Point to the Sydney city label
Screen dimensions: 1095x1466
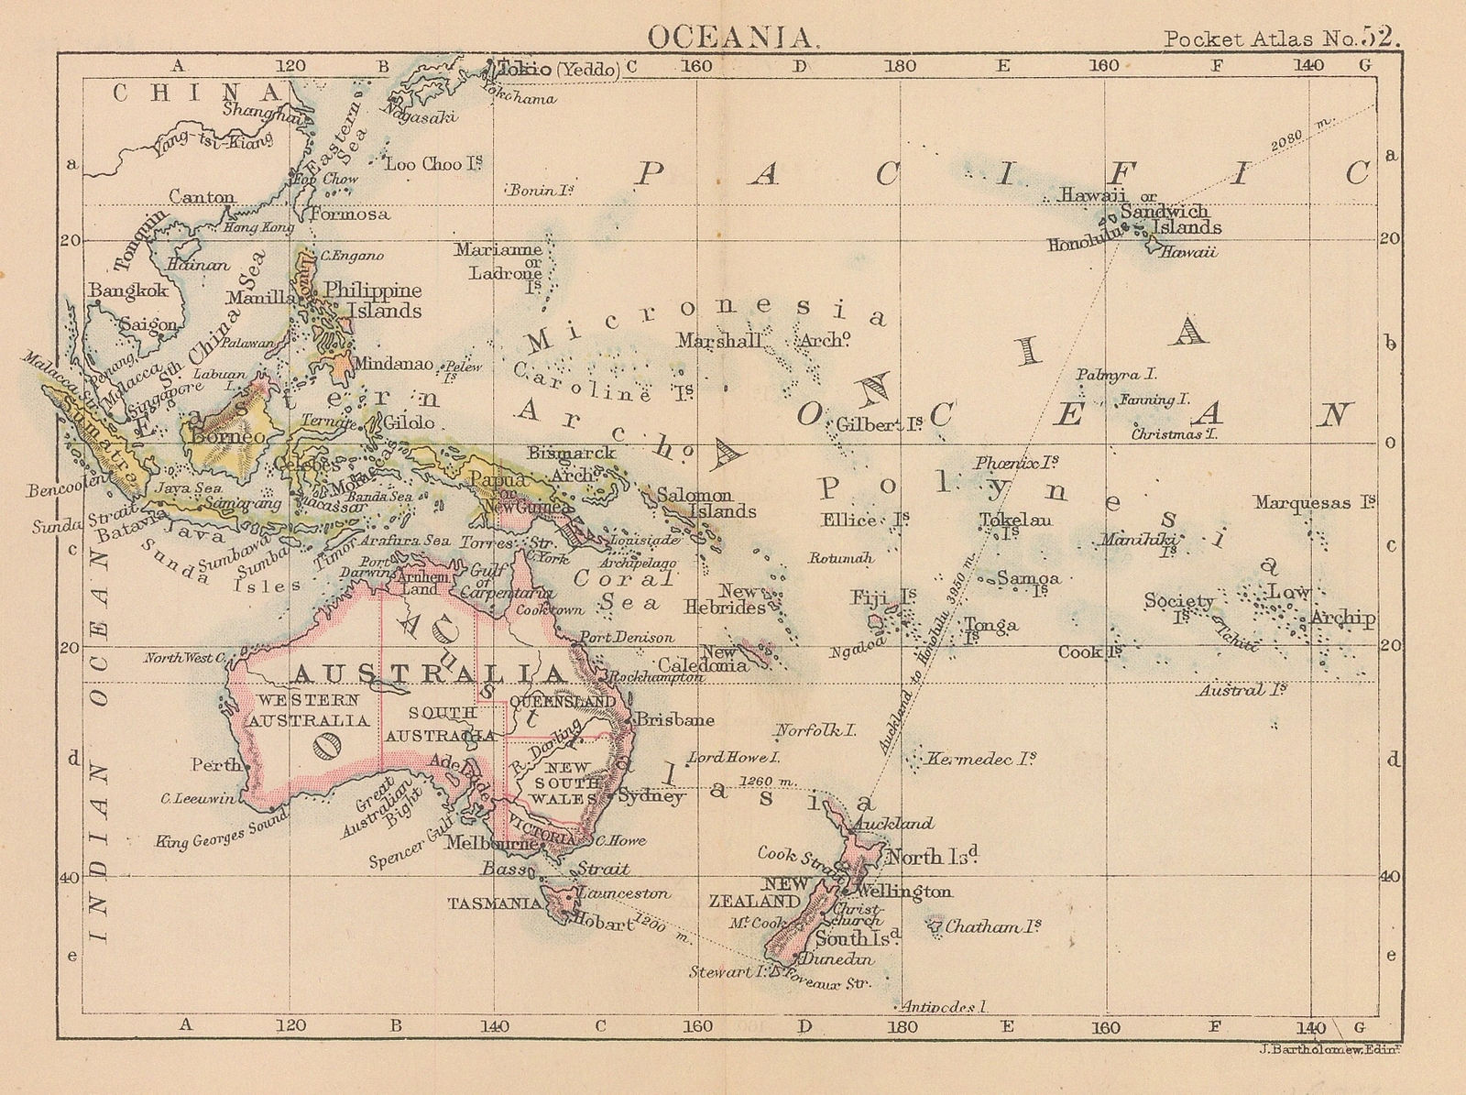click(651, 797)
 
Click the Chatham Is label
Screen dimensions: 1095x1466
click(992, 927)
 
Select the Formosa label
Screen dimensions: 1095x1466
click(349, 214)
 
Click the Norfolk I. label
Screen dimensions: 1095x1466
click(815, 731)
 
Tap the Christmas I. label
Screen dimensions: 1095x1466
click(1174, 434)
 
